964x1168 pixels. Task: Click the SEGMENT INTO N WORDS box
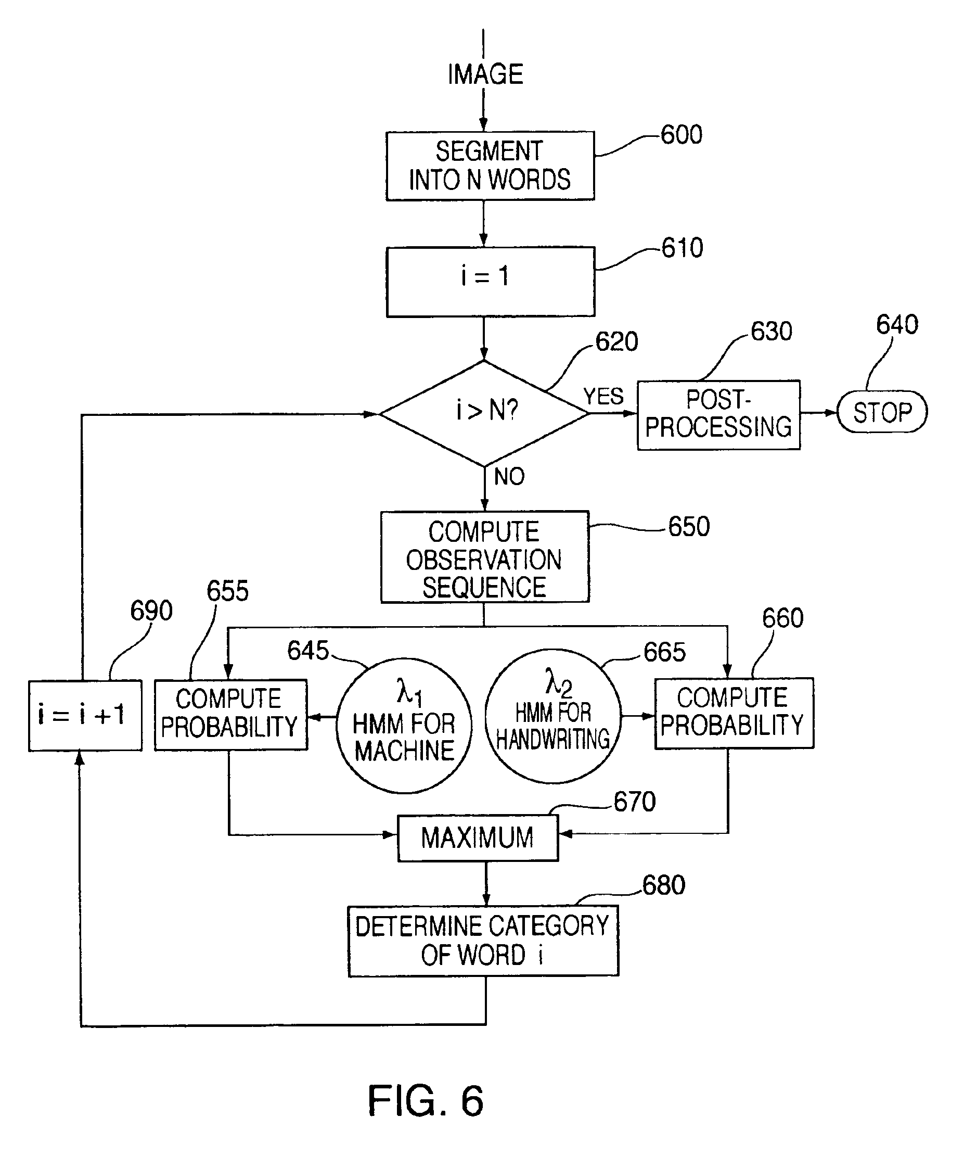(x=490, y=166)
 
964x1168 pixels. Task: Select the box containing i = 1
(x=491, y=282)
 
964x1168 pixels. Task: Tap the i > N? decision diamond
(x=484, y=413)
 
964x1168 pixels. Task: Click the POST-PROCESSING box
(x=718, y=414)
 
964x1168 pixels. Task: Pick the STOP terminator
(x=882, y=412)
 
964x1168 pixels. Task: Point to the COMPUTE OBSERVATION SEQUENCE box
(x=484, y=557)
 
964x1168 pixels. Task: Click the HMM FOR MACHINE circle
(x=404, y=726)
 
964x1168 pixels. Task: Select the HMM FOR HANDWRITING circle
(x=552, y=717)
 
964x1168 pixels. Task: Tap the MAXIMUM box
(x=478, y=838)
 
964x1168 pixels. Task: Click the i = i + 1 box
(x=85, y=715)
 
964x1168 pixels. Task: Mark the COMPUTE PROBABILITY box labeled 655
(x=230, y=715)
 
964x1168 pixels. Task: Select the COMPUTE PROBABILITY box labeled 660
(x=734, y=714)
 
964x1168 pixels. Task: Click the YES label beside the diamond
(x=603, y=397)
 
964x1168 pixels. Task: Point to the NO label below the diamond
(x=509, y=477)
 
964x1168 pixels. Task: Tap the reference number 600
(x=682, y=135)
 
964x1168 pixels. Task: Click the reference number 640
(x=897, y=324)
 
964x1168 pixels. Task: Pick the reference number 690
(x=151, y=611)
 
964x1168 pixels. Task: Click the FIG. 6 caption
(x=426, y=1101)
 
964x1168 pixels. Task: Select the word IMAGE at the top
(x=485, y=74)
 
